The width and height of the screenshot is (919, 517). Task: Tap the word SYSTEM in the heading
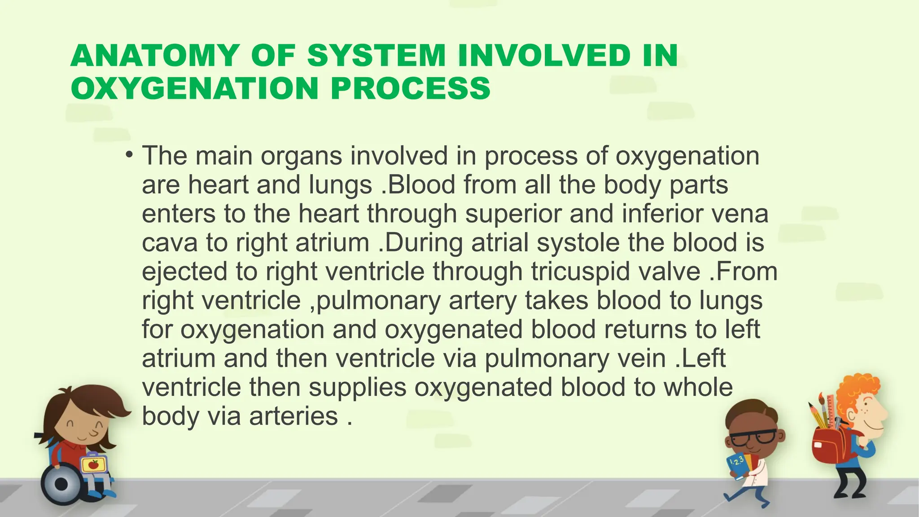click(376, 56)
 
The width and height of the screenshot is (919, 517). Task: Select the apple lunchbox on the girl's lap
click(93, 464)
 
